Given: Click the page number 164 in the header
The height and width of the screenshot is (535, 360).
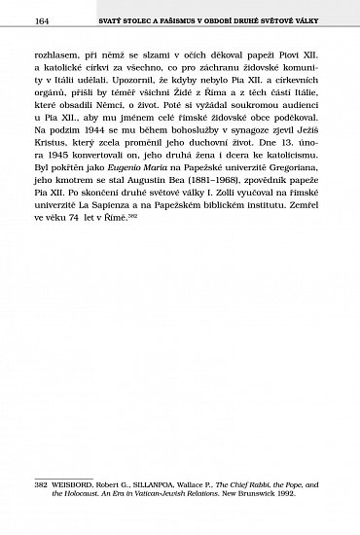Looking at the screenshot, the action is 42,22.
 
